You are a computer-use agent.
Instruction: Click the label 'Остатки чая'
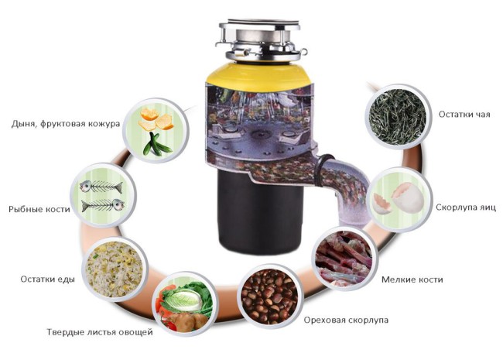(464, 115)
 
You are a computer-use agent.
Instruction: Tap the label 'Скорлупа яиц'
(465, 207)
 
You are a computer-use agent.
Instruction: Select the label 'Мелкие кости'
(412, 279)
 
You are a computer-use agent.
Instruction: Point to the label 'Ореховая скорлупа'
(346, 320)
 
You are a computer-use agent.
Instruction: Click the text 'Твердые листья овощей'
(100, 332)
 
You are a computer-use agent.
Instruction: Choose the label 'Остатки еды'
(47, 279)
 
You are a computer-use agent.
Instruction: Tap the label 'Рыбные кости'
(39, 209)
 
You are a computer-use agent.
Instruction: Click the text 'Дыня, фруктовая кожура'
(66, 124)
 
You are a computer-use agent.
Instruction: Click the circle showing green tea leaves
(398, 116)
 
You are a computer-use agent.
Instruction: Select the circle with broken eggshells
(400, 199)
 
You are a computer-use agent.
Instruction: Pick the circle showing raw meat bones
(344, 259)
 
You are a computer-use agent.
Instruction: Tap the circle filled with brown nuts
(270, 297)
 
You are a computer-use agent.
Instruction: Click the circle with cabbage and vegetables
(184, 304)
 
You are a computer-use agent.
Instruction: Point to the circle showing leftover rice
(115, 269)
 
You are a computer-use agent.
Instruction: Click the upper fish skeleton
(101, 187)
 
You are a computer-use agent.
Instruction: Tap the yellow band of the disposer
(258, 74)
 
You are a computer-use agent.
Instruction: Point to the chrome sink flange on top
(260, 39)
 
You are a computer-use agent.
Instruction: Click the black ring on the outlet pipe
(323, 170)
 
